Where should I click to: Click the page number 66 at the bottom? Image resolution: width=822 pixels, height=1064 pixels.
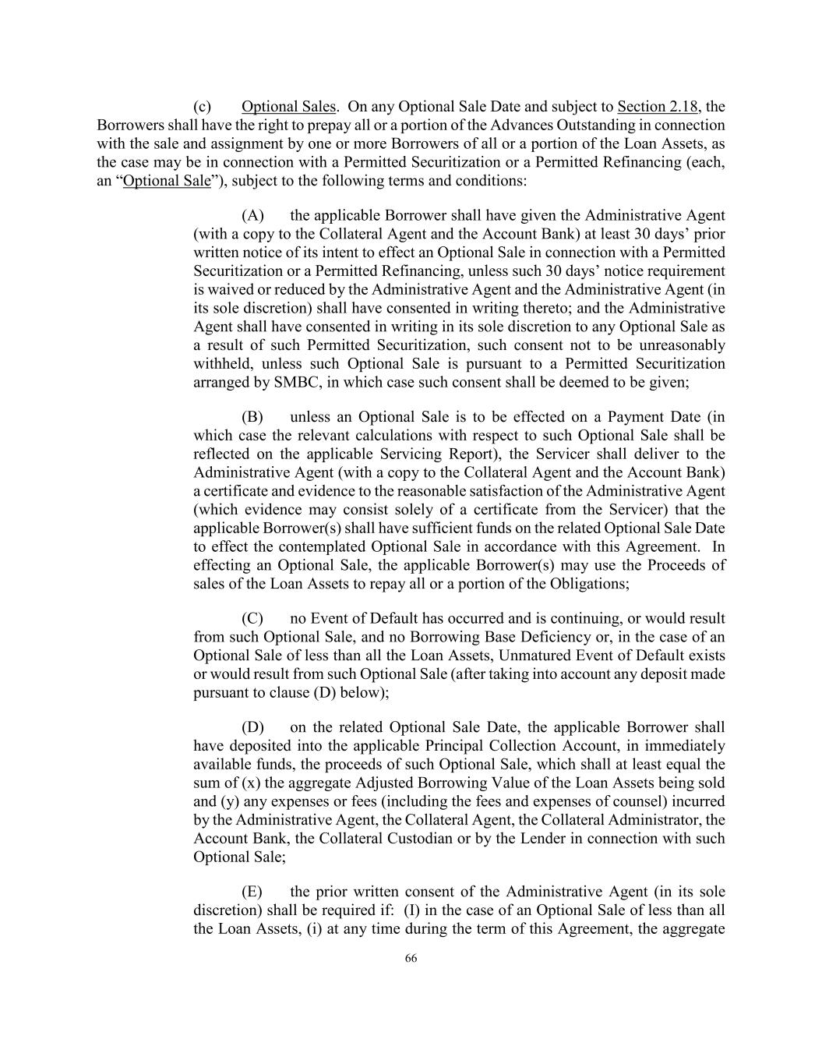(411, 959)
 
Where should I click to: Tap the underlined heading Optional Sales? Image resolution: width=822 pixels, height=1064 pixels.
(288, 107)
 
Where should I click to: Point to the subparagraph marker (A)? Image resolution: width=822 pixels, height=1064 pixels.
(252, 215)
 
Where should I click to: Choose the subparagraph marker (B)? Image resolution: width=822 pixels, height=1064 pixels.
(252, 417)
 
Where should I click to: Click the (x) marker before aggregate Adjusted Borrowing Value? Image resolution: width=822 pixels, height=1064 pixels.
(251, 783)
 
